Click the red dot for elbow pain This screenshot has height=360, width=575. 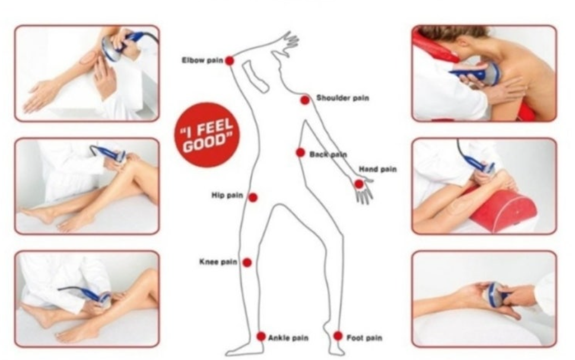[x=230, y=60]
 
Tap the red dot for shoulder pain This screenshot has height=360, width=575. [x=305, y=100]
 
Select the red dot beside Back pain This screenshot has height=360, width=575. [x=300, y=152]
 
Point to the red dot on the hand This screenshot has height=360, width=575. [x=359, y=184]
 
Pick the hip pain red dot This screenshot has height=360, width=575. [x=253, y=197]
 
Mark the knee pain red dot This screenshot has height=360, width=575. [x=247, y=263]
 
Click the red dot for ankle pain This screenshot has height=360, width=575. [x=261, y=336]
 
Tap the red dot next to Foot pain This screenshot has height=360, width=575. [x=338, y=336]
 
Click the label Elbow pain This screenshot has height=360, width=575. [x=202, y=60]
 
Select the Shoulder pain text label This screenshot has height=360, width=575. [x=342, y=98]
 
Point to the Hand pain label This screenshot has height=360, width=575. [x=378, y=169]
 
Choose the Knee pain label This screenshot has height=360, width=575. [x=218, y=262]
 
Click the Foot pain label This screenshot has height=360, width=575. [x=364, y=337]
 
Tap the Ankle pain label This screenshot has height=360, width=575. [x=288, y=337]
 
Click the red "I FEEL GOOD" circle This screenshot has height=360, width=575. [x=207, y=135]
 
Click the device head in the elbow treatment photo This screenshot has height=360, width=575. [x=110, y=50]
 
